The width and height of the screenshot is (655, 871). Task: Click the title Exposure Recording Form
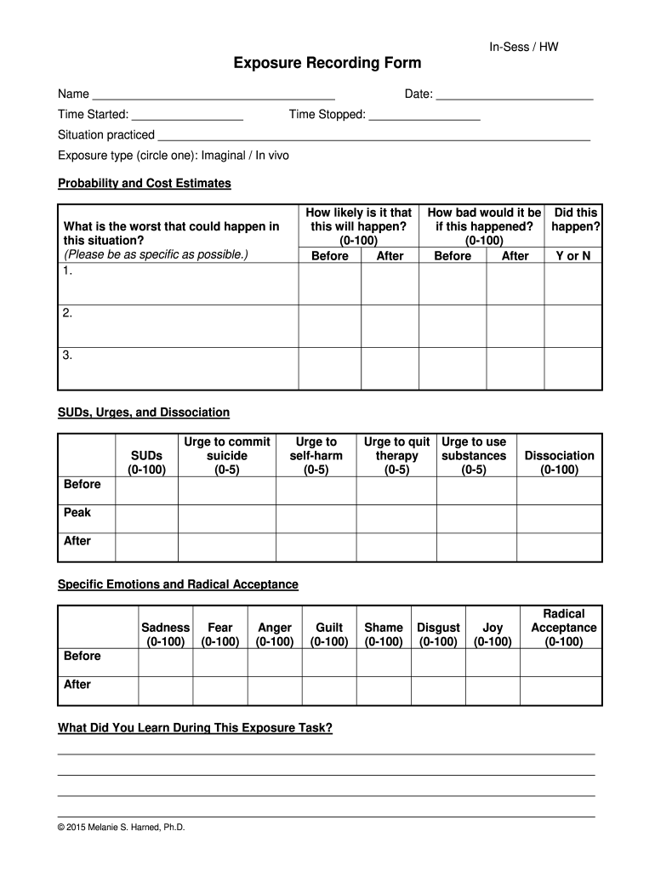(327, 64)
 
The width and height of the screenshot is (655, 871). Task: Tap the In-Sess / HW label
(523, 48)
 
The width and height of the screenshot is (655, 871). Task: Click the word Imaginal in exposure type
(223, 156)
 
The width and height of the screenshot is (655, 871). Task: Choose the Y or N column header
(572, 255)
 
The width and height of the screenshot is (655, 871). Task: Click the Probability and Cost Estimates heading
(144, 184)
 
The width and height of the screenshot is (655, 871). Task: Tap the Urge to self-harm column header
(316, 455)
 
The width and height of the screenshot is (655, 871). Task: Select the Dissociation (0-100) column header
(559, 462)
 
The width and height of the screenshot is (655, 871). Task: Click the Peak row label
(77, 512)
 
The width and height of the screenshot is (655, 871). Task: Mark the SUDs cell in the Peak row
(146, 518)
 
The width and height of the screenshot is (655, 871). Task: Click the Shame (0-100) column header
(383, 635)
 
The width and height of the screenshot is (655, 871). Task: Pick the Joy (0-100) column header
(493, 635)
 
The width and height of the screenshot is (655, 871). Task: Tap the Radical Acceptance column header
(563, 628)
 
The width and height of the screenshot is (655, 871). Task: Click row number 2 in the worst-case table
(66, 313)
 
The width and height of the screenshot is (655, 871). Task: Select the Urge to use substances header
(474, 455)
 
